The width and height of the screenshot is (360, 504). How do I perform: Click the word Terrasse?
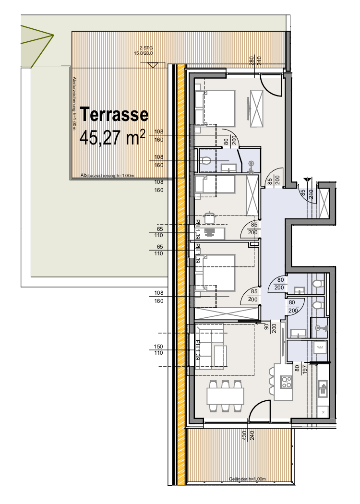114,115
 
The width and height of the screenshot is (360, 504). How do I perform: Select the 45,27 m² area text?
112,137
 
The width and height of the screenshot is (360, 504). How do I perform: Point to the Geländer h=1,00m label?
247,479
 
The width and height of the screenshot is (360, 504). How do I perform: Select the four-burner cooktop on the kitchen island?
287,382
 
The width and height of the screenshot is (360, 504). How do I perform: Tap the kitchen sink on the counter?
324,385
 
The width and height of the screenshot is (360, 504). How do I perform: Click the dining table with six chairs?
225,396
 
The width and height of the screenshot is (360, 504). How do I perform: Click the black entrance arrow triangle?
307,181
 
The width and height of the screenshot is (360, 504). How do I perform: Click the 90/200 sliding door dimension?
269,329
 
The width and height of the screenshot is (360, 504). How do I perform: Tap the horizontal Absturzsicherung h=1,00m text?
108,176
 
